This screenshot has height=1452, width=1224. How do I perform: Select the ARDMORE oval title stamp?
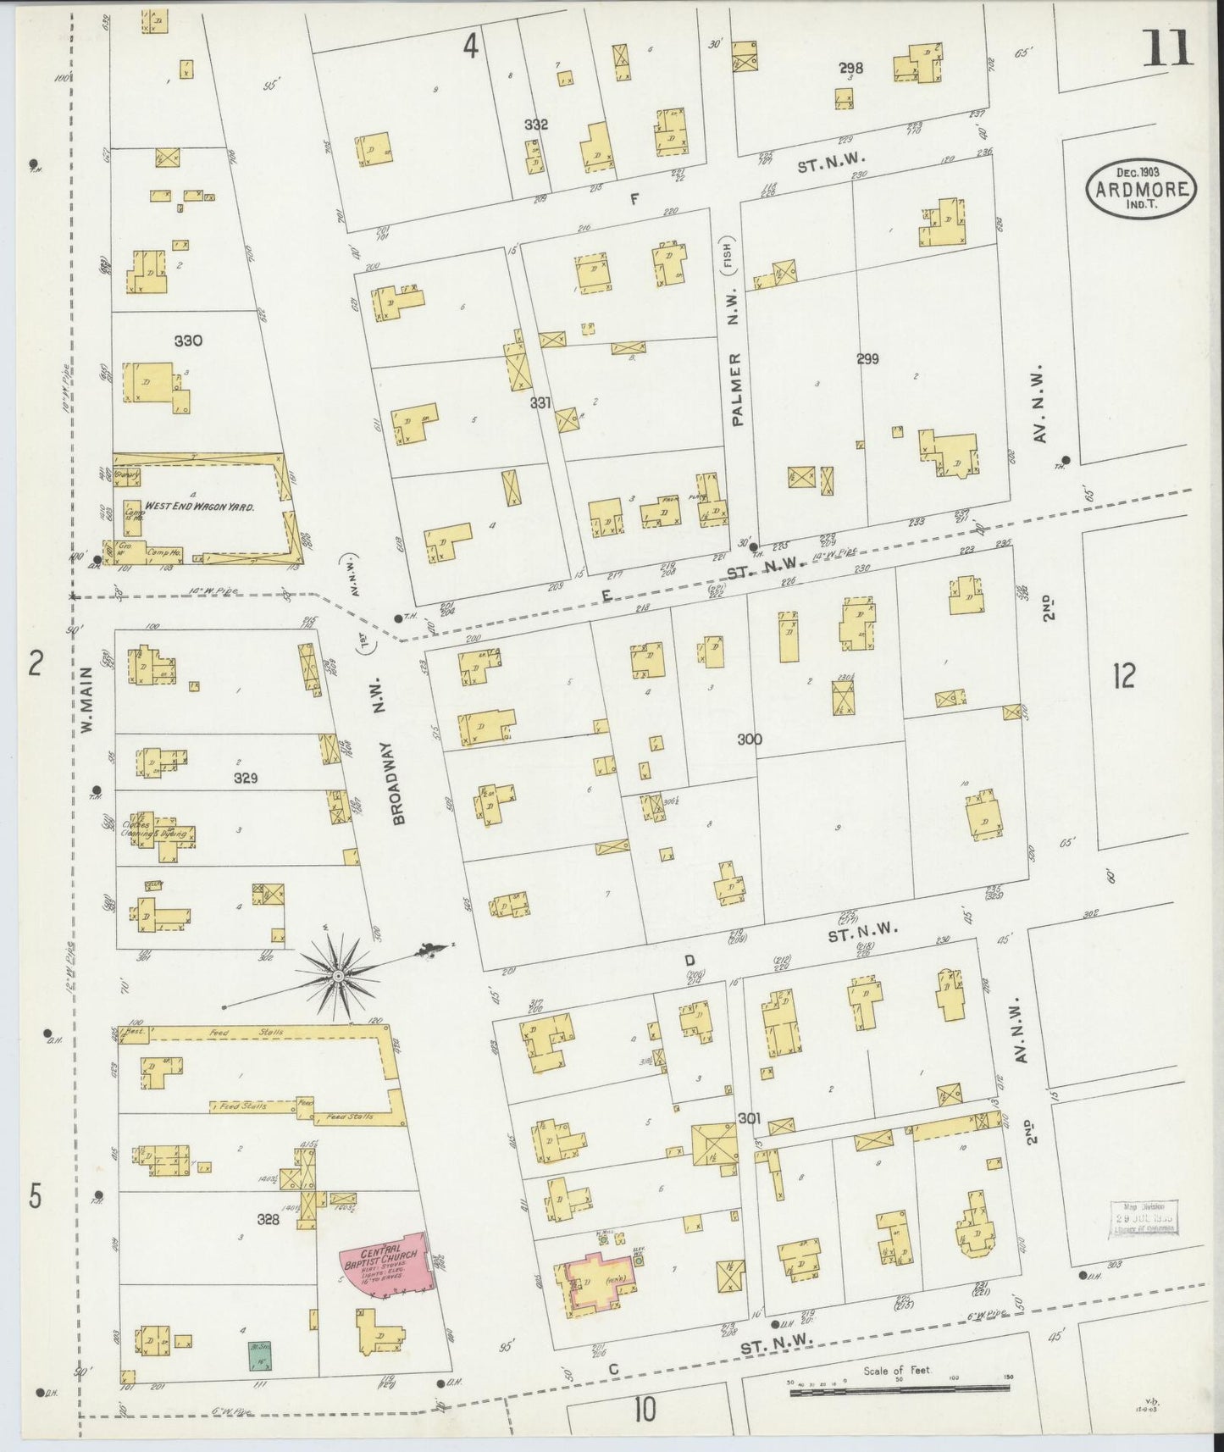click(x=1141, y=189)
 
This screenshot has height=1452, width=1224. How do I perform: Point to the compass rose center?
click(x=337, y=977)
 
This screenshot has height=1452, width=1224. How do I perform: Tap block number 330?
click(x=187, y=341)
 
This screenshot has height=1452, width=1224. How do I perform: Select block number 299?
click(x=867, y=359)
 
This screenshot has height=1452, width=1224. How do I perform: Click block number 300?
click(x=749, y=740)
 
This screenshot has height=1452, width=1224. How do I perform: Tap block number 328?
click(x=268, y=1219)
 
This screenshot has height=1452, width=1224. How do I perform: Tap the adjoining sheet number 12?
click(x=1124, y=676)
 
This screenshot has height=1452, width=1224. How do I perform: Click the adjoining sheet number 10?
click(x=643, y=1410)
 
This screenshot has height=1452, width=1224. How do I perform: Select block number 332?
click(x=535, y=125)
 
